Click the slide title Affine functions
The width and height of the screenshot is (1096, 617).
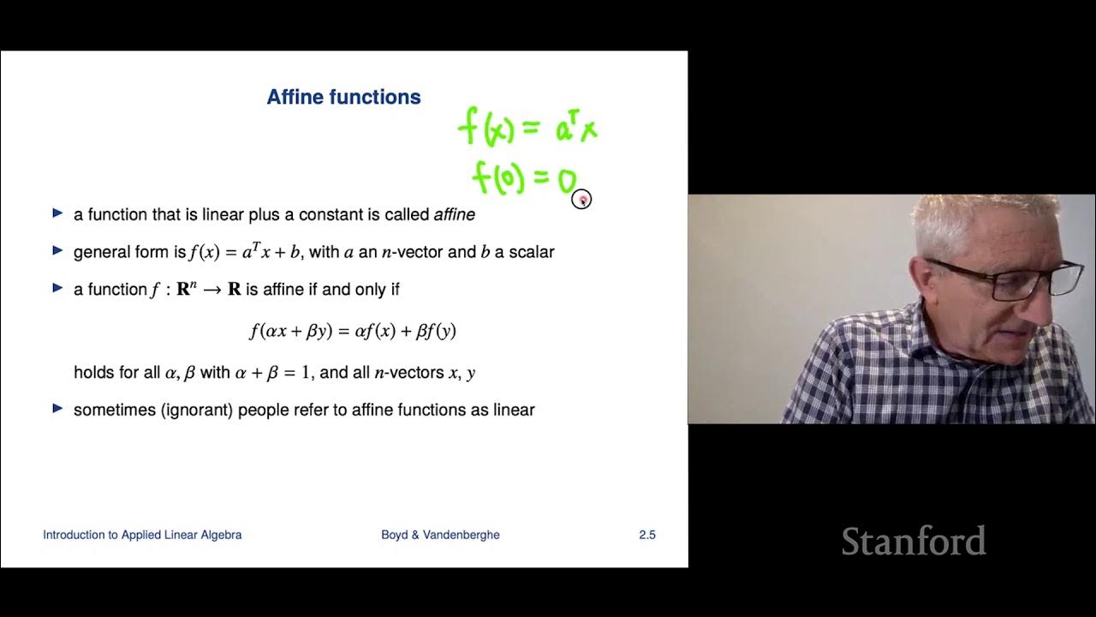[343, 97]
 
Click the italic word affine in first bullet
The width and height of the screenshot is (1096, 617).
[454, 214]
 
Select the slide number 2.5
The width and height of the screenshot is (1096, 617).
[646, 535]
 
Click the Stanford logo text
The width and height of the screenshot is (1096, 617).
[913, 542]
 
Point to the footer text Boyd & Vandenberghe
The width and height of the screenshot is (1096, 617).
[440, 535]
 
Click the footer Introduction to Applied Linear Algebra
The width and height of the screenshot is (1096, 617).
[142, 535]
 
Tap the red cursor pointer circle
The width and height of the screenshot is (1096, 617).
[581, 200]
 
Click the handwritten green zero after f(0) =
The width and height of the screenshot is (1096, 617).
[566, 182]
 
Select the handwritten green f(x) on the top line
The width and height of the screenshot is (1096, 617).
[485, 129]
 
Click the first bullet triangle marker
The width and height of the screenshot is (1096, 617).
[57, 213]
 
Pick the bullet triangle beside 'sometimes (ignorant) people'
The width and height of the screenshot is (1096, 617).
[57, 409]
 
